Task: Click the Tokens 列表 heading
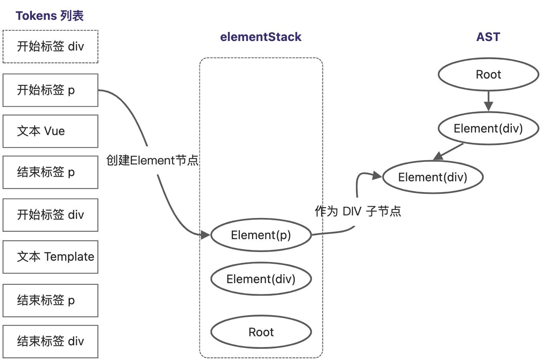coord(50,16)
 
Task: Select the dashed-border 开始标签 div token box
coord(50,47)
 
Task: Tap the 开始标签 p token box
coord(50,90)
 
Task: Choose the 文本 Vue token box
coord(50,131)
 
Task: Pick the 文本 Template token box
coord(50,257)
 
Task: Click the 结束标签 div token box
coord(50,341)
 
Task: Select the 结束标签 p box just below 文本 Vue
coord(50,172)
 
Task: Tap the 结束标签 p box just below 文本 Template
coord(50,300)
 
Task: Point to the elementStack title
coord(261,37)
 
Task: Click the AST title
coord(488,37)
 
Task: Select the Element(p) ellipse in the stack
coord(261,235)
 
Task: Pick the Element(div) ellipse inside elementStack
coord(261,279)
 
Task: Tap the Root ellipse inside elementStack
coord(261,332)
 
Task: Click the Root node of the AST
coord(488,75)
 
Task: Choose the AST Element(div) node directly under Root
coord(488,128)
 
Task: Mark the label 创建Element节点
coord(152,161)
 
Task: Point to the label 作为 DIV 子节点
coord(358,212)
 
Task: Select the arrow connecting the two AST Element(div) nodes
coord(448,151)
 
